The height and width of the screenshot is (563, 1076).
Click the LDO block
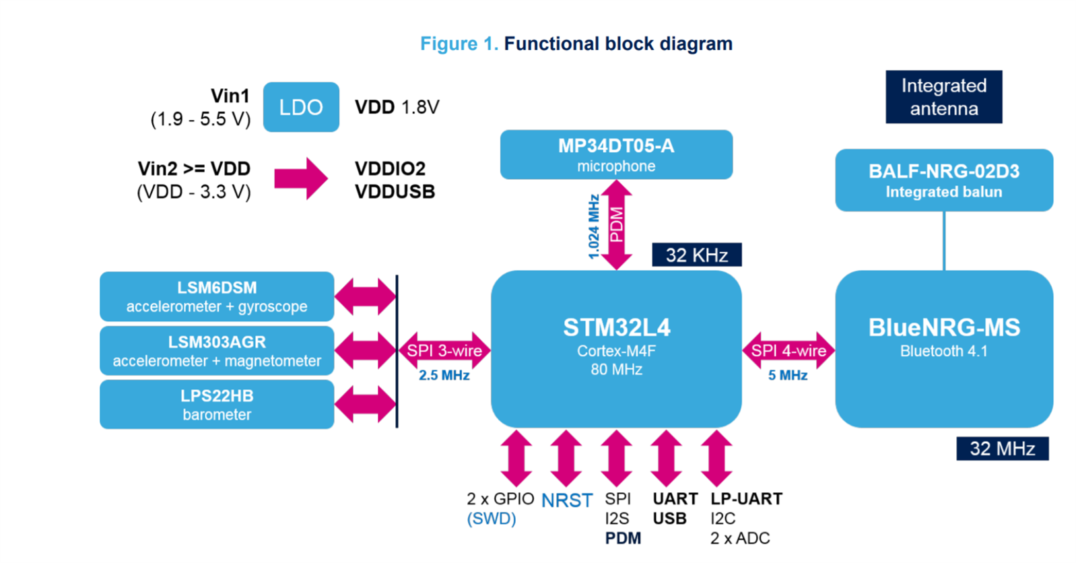click(x=301, y=107)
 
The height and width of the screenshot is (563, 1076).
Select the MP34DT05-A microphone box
click(x=616, y=155)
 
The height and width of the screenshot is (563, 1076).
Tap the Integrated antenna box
click(x=943, y=97)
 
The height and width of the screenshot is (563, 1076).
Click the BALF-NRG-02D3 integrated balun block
click(x=943, y=180)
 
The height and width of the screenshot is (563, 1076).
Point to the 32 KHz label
click(x=696, y=255)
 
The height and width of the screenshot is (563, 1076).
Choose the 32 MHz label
click(x=1002, y=449)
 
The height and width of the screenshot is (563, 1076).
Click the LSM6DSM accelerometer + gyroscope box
click(x=217, y=297)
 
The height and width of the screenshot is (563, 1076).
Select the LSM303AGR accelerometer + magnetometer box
click(x=217, y=351)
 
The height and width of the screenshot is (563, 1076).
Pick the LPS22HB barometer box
click(x=217, y=405)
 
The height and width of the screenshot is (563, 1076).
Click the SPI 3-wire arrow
click(x=444, y=351)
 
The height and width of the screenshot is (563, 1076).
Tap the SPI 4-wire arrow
click(x=788, y=351)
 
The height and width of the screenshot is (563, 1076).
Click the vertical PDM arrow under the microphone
click(x=616, y=225)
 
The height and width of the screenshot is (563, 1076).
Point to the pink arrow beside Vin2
click(x=301, y=179)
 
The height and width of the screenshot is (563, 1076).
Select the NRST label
click(x=567, y=500)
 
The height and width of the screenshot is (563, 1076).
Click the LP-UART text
click(x=746, y=499)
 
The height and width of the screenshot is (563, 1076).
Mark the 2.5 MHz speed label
click(x=444, y=375)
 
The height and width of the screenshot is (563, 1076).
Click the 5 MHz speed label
click(x=788, y=375)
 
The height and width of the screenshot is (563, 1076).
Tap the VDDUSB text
click(x=395, y=192)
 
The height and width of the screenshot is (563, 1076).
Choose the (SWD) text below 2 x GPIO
click(x=492, y=519)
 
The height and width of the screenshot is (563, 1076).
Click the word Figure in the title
click(x=448, y=44)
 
